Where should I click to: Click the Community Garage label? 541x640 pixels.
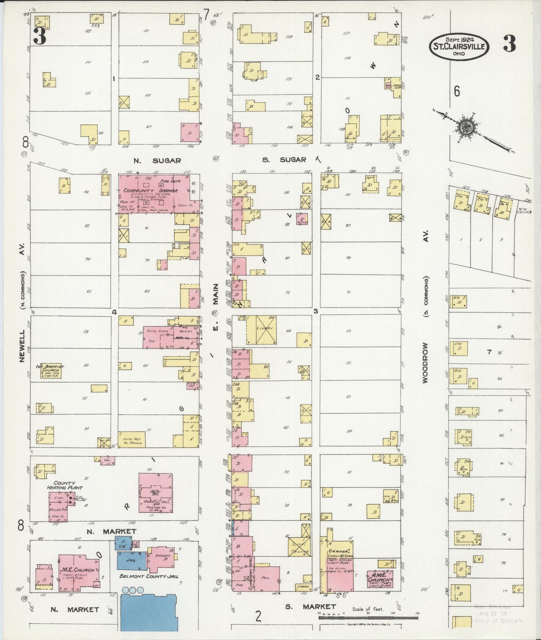click(x=151, y=191)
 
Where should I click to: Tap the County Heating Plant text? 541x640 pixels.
click(x=64, y=485)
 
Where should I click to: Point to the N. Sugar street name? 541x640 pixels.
click(x=157, y=161)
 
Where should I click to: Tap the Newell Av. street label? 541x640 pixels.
click(x=22, y=346)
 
